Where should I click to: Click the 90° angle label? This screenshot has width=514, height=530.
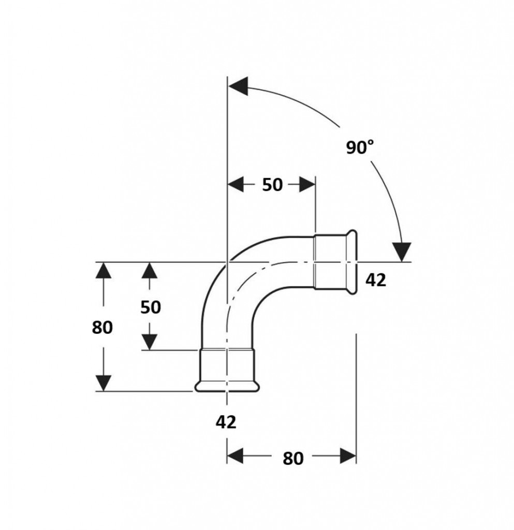(360, 148)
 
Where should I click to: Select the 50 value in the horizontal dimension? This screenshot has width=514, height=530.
(272, 184)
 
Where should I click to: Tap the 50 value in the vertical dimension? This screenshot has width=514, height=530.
(151, 307)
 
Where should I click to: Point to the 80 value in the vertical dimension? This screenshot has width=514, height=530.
(102, 327)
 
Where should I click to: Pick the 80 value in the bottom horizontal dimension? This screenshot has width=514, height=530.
(293, 458)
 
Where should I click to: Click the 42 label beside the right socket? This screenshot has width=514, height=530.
(376, 280)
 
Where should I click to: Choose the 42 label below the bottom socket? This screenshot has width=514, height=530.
(226, 422)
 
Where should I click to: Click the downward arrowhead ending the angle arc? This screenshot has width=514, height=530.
(401, 252)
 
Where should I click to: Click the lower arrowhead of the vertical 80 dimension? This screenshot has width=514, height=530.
(104, 382)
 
